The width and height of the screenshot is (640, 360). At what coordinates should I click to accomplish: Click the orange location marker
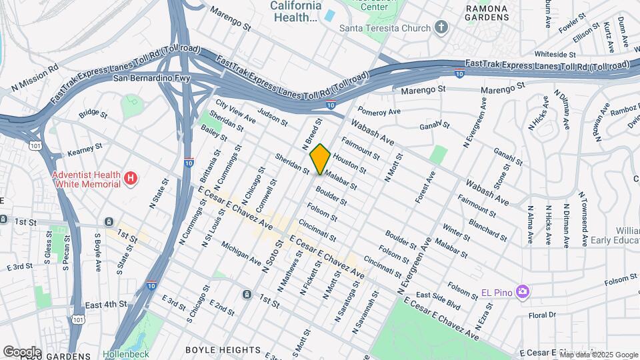(x=321, y=159)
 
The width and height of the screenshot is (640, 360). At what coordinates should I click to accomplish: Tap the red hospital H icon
(x=131, y=178)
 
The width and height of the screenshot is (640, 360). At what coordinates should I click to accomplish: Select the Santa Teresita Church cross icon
(x=440, y=27)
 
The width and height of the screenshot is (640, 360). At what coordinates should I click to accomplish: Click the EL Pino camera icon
(x=522, y=291)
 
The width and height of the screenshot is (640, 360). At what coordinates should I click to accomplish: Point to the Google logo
(x=22, y=351)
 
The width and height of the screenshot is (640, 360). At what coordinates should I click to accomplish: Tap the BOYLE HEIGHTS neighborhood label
(x=223, y=349)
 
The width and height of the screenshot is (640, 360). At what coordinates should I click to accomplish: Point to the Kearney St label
(x=84, y=149)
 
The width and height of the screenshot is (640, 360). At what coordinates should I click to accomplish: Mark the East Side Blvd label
(x=438, y=299)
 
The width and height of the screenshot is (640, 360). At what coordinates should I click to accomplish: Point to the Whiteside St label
(x=555, y=54)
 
